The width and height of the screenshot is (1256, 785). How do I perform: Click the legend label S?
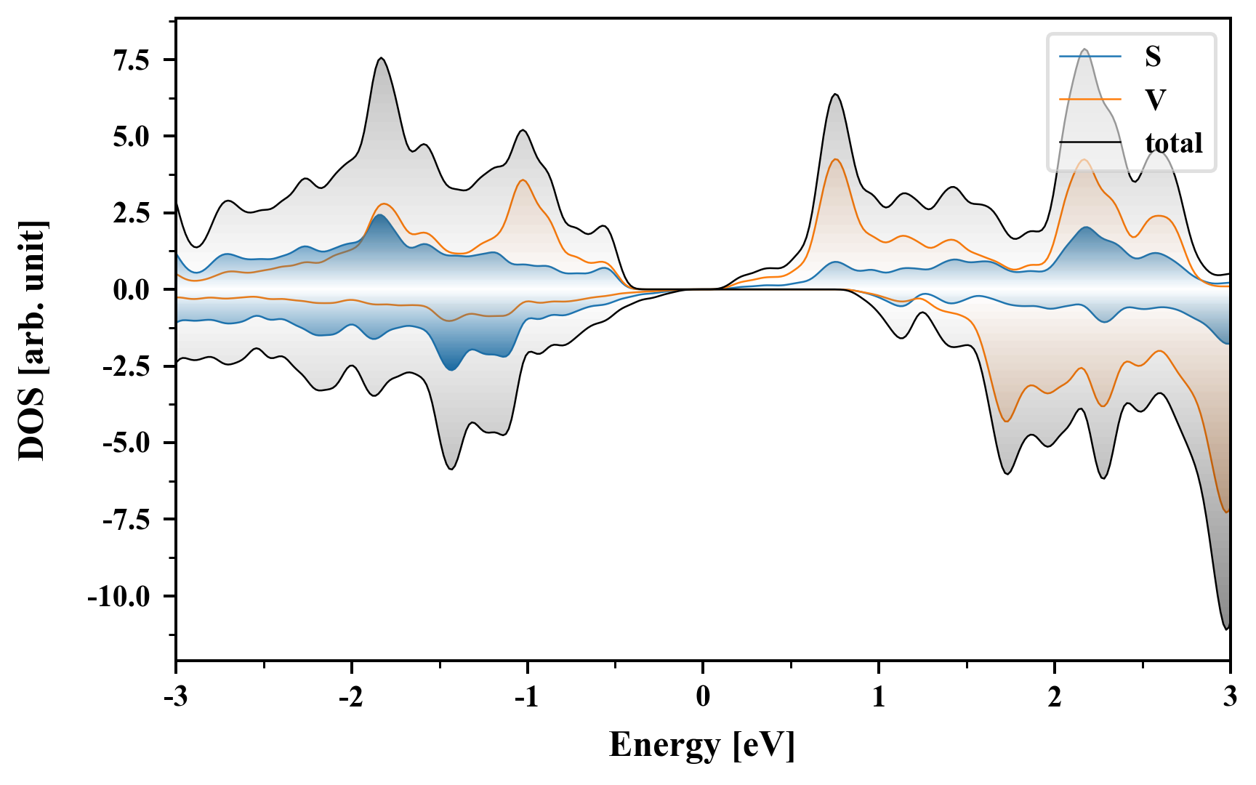pos(1153,57)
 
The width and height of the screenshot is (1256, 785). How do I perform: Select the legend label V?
pos(1154,100)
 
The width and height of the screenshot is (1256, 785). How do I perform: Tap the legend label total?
pos(1174,143)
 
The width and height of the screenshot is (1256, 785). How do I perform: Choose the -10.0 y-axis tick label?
pos(119,597)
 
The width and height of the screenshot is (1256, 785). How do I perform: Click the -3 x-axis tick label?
pos(176,696)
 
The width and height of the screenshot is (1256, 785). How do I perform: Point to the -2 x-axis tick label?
pos(351,696)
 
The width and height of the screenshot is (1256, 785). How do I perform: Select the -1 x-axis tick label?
pos(527,696)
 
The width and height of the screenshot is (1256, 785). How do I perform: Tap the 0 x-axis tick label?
pos(703,696)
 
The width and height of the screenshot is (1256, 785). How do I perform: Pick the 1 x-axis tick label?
pos(879,696)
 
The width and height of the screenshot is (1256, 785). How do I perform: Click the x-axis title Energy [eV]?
pos(702,745)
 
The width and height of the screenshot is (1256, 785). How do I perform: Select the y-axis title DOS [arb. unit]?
pos(33,339)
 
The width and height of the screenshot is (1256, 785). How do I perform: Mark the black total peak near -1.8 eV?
pos(381,58)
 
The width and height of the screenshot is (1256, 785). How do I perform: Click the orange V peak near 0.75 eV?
pos(836,159)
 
